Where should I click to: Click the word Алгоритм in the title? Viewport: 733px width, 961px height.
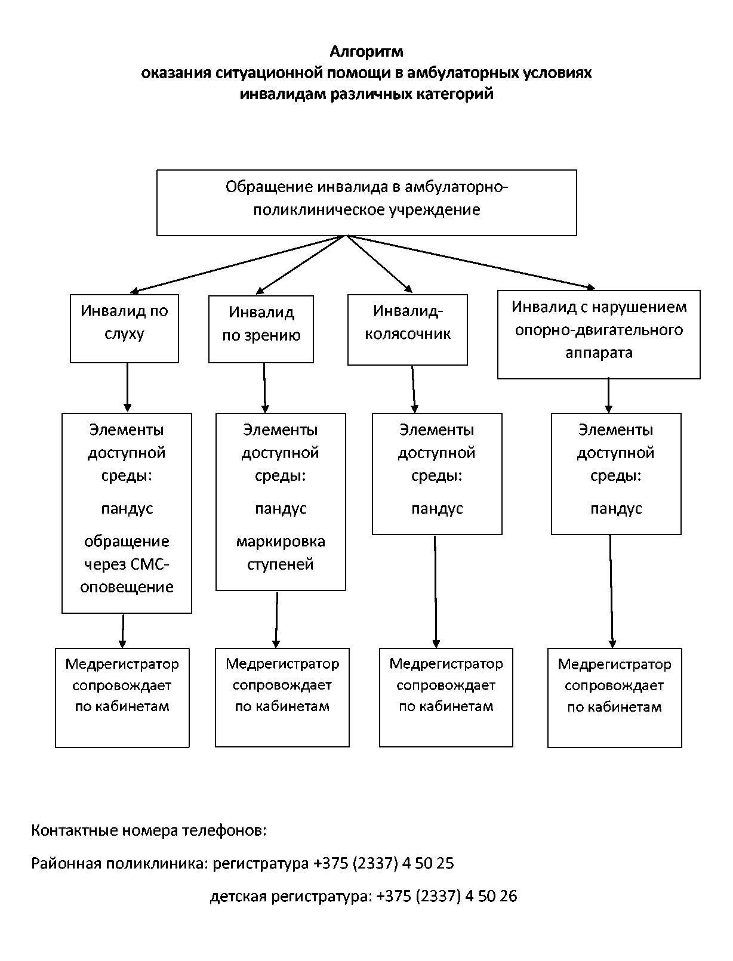click(x=366, y=52)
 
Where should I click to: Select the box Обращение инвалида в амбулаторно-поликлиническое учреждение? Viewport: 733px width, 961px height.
click(x=366, y=203)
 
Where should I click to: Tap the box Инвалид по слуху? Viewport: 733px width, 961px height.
click(x=124, y=328)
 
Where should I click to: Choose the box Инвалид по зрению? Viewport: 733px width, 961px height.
click(x=261, y=329)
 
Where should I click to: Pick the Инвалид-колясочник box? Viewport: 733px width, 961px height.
click(x=408, y=330)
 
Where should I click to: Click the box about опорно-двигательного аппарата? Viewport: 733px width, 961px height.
click(x=599, y=335)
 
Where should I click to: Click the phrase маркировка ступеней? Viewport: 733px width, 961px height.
click(x=281, y=553)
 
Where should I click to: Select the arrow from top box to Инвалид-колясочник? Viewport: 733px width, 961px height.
click(x=380, y=264)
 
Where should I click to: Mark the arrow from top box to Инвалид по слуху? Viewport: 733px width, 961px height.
click(x=236, y=264)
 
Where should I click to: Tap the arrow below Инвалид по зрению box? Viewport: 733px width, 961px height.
click(x=264, y=388)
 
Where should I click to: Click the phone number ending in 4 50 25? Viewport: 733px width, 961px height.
click(x=384, y=863)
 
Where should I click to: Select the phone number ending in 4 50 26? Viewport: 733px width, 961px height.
click(x=447, y=896)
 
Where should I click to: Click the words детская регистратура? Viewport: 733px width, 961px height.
click(x=291, y=896)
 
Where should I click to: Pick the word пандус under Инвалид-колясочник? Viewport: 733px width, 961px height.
click(x=437, y=509)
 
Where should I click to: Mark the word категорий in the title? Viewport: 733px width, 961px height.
click(x=455, y=94)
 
